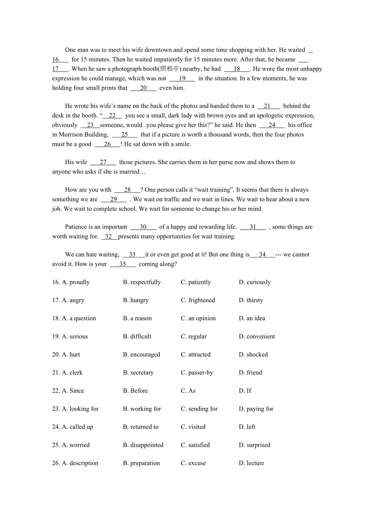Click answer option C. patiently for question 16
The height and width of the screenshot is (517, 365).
[x=196, y=282]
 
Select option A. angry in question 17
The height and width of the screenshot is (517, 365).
[x=73, y=300]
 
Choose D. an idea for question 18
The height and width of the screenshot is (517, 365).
[x=252, y=318]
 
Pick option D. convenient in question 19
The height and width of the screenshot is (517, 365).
[x=257, y=336]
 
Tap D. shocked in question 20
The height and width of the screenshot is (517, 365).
[x=253, y=355]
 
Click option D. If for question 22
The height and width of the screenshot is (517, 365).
[x=245, y=391]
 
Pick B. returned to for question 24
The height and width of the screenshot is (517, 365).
[x=141, y=427]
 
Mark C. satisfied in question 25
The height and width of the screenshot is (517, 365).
[x=195, y=445]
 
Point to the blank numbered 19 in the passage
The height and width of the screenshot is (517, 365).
[x=182, y=79]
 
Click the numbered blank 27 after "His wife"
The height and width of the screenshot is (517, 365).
[x=103, y=162]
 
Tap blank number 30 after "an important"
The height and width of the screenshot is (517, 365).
[x=143, y=227]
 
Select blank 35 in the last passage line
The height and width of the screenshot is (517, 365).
[x=123, y=264]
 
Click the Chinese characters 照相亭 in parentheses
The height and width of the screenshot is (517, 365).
[x=170, y=69]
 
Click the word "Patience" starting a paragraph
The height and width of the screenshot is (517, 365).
[x=77, y=227]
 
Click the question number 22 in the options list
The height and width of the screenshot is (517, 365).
[x=56, y=391]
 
